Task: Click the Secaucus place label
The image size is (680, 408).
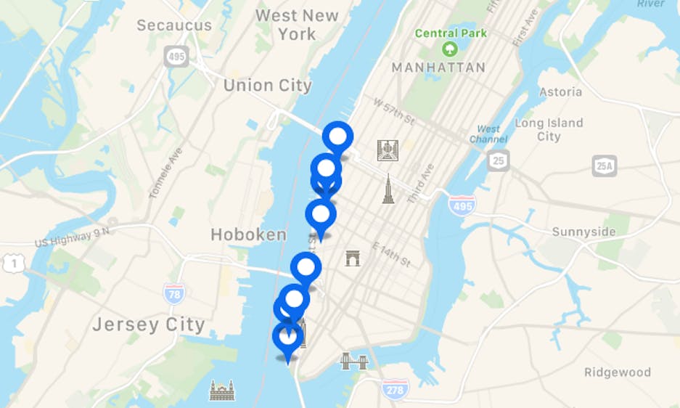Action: pos(174,25)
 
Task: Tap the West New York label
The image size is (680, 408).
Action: pos(297,25)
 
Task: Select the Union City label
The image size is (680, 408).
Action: pos(267,86)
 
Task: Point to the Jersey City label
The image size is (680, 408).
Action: pos(148,325)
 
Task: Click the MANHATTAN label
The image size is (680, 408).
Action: pos(438,68)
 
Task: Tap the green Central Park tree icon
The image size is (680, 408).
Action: pos(450,49)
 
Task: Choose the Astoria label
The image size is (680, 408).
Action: pos(560,92)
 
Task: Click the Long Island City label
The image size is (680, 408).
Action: pos(549,129)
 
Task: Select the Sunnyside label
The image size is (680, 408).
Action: pos(583,232)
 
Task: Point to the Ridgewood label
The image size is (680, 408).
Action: pos(618,372)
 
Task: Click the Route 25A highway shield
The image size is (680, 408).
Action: pos(604,166)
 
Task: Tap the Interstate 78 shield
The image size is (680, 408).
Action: pos(173,293)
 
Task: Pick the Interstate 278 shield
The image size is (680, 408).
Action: pos(395,389)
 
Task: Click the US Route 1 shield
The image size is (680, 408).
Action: pos(13,264)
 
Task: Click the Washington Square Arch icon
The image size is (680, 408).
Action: pos(353,258)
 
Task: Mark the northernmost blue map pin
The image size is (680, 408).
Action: pos(337,136)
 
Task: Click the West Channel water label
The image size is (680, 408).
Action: pos(488,134)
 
